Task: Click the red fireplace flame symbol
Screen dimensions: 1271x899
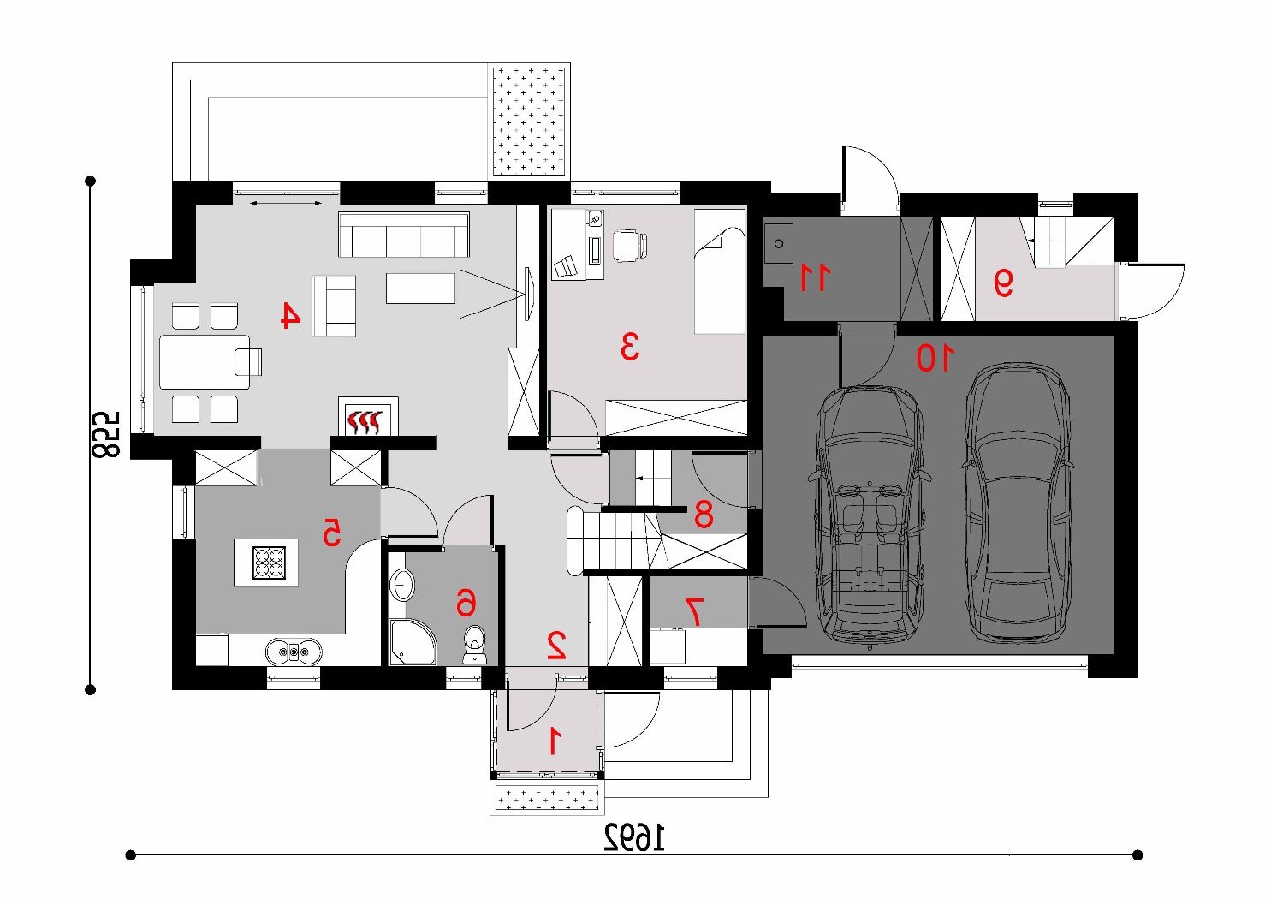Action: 367,422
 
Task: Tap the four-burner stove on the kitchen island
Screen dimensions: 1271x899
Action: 269,563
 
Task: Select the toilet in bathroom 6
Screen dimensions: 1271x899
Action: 474,644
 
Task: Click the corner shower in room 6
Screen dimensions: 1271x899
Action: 413,642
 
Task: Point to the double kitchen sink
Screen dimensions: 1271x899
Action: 294,651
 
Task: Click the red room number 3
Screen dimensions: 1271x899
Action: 630,348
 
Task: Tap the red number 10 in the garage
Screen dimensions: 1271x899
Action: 935,359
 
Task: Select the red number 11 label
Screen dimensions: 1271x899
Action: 815,277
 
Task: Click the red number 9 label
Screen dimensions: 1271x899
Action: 1002,283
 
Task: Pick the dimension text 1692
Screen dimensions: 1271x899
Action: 634,837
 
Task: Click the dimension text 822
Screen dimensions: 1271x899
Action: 106,435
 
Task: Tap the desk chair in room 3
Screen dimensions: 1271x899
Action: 630,246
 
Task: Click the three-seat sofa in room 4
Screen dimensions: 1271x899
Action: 403,235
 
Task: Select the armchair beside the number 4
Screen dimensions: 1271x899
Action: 334,307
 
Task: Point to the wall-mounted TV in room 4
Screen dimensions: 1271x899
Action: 529,294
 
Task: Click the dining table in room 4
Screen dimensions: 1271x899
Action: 205,362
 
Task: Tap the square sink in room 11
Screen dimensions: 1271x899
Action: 779,243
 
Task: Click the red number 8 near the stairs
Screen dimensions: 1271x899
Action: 704,515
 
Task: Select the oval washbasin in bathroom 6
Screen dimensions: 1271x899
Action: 403,584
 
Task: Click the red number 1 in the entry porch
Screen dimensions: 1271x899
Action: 555,741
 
